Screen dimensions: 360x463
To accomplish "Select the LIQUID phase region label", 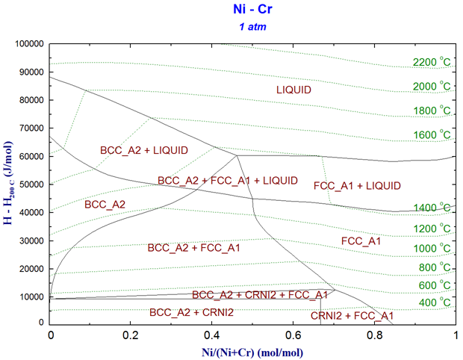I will (x=293, y=90).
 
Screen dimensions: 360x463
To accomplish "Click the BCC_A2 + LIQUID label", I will (x=144, y=150).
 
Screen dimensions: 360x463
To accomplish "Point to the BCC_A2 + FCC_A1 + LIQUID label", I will (x=228, y=181).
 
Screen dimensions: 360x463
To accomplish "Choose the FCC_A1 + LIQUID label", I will (x=357, y=185).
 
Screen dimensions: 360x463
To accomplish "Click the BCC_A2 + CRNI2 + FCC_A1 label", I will (x=260, y=295).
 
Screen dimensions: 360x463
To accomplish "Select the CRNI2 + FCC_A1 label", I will (x=352, y=316).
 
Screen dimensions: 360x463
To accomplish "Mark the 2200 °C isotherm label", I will (x=430, y=62).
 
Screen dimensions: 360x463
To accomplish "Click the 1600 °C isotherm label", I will (x=430, y=134).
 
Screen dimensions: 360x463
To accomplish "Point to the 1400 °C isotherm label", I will (x=430, y=207).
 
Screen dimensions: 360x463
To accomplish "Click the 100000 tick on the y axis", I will (x=28, y=44).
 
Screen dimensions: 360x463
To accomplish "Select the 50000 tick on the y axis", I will (x=31, y=184).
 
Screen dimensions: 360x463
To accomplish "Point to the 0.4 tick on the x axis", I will (x=212, y=335).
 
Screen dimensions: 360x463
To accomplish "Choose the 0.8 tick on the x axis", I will (x=375, y=335).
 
